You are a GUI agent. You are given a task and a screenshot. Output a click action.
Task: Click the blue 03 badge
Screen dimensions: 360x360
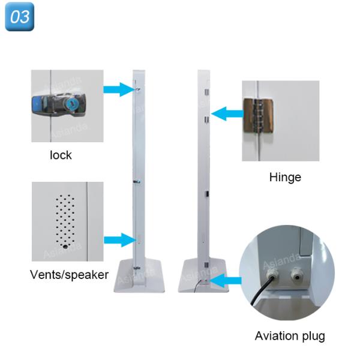20,17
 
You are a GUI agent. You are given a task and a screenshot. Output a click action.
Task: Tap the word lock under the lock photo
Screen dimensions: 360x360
61,155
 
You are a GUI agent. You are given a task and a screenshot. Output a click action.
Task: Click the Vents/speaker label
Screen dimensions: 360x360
69,275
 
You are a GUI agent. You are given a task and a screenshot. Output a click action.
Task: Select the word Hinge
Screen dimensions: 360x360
285,178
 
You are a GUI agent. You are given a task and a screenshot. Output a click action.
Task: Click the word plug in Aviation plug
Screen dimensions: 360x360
313,337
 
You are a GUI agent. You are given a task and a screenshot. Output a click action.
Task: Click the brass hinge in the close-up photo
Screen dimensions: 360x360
258,116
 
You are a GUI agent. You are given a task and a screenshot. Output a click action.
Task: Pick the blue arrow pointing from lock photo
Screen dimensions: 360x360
119,89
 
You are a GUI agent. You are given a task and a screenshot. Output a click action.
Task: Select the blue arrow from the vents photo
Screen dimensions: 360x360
119,240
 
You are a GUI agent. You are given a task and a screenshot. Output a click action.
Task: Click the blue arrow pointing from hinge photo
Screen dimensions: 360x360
227,113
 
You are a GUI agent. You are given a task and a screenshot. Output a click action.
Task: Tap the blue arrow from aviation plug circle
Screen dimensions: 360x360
226,281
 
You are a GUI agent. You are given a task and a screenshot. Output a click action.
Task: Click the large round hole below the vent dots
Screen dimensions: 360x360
65,247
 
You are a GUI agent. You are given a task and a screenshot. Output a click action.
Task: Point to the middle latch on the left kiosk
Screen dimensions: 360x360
137,182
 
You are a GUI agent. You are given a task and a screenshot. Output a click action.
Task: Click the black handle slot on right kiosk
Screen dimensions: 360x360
207,194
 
